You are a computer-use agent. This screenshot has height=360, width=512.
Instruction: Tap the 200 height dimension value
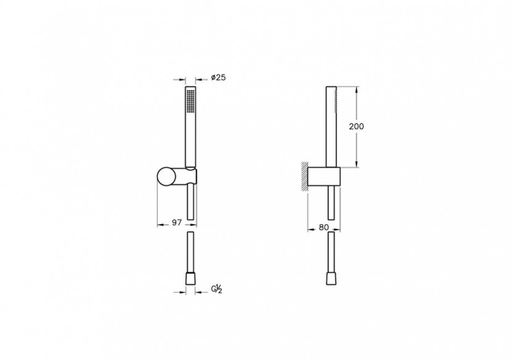tap(356, 126)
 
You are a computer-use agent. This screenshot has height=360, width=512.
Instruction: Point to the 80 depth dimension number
tap(323, 226)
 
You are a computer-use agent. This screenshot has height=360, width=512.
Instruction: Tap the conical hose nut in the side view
tap(332, 278)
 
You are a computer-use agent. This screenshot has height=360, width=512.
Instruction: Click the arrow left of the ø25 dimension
tap(181, 79)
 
